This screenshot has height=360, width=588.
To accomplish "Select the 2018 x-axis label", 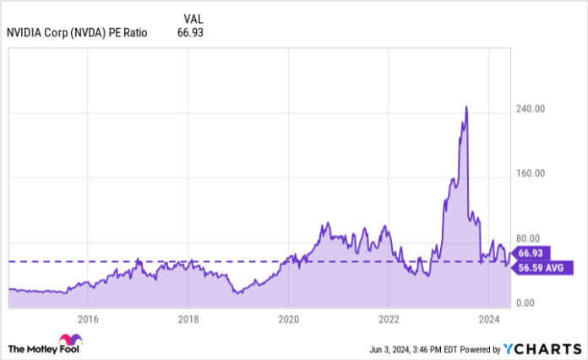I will pos(188,319).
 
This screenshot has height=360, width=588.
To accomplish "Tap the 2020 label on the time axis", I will pos(288,319).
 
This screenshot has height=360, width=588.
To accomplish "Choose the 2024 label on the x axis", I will pos(487,319).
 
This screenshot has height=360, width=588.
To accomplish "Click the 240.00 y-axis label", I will pos(533,109).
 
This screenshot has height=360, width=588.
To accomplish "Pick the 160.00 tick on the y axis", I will pos(533,173).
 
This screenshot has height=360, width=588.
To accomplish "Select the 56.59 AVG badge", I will pos(542,268).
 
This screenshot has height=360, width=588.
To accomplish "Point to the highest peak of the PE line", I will pos(465,107).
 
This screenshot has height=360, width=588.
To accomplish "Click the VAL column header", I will pos(193,18).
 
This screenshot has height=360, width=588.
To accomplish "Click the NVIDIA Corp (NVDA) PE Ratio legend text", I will pos(77,33).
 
